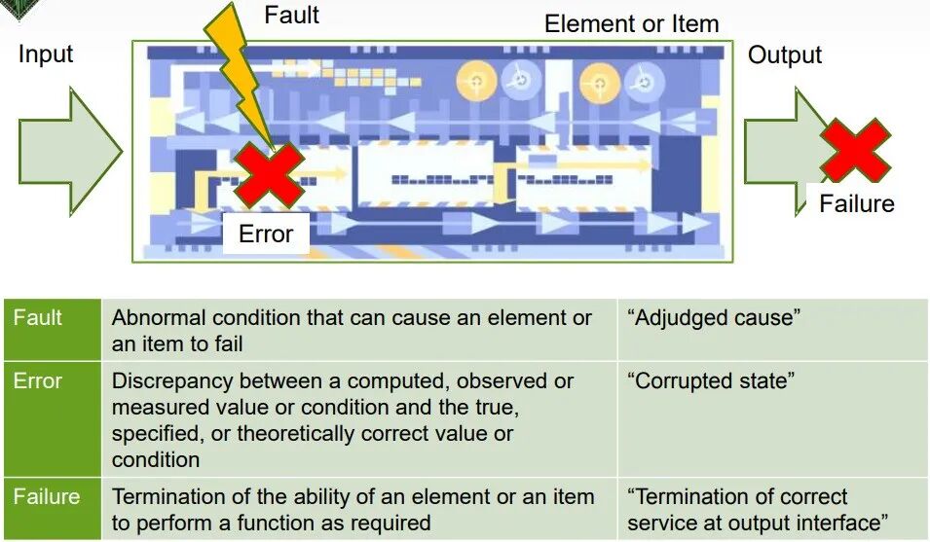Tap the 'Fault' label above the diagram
(x=291, y=15)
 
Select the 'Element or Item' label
(x=632, y=23)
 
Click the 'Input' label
(x=46, y=54)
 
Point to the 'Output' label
(x=785, y=54)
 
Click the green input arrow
(x=70, y=152)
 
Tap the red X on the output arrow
(x=855, y=150)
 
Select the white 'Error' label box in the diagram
(x=266, y=234)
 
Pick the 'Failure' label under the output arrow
(x=856, y=203)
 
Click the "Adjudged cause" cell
(x=714, y=317)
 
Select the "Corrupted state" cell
(x=711, y=380)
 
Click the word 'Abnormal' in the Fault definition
(x=159, y=317)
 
